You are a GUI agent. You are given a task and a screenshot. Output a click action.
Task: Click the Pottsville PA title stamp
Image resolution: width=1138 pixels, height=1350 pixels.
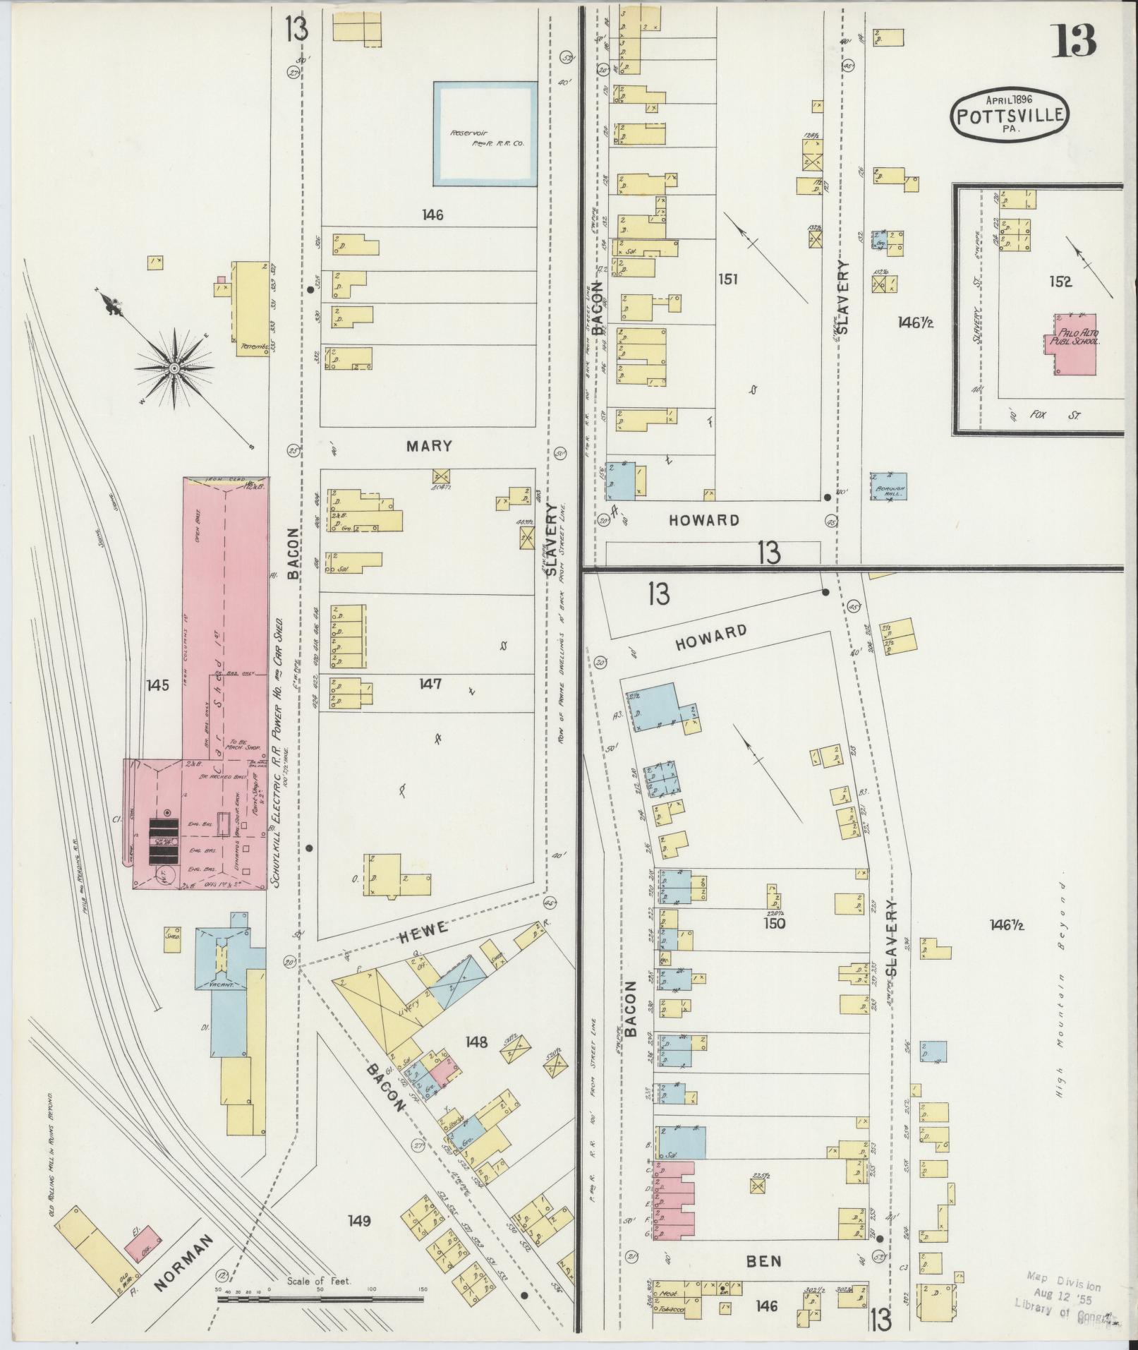pyautogui.click(x=1010, y=114)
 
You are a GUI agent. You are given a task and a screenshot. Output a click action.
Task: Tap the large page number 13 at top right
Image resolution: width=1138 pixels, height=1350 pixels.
pyautogui.click(x=1075, y=41)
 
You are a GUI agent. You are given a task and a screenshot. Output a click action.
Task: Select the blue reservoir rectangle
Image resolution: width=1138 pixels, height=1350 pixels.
pyautogui.click(x=484, y=134)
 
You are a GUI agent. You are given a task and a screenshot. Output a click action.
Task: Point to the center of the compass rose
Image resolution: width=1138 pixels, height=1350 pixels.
pyautogui.click(x=174, y=368)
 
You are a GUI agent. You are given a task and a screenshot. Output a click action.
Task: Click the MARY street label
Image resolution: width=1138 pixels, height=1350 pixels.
pyautogui.click(x=428, y=447)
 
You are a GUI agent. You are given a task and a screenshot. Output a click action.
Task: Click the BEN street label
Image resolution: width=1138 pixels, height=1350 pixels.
pyautogui.click(x=763, y=1260)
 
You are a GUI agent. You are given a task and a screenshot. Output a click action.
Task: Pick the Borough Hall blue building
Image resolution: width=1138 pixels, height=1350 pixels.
pyautogui.click(x=888, y=486)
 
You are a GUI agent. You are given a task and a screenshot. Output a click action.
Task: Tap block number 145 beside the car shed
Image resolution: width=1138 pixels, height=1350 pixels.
pyautogui.click(x=158, y=685)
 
